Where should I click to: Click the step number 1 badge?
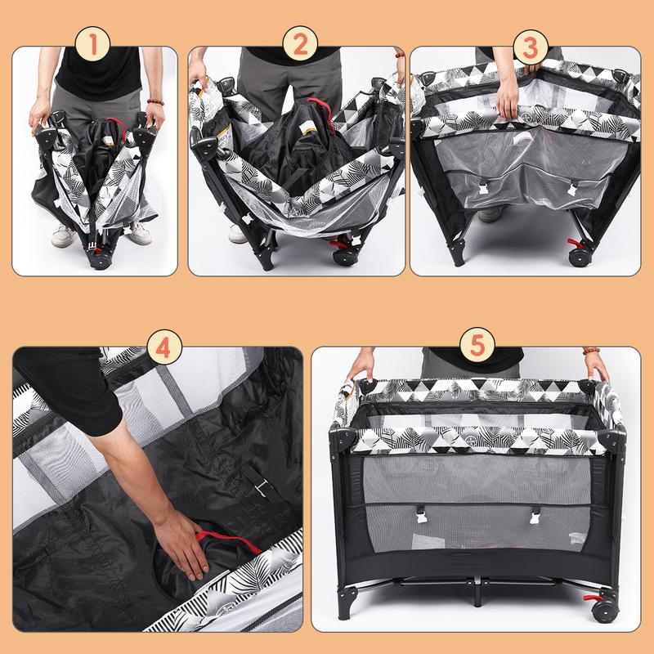92,44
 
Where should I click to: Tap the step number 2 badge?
300,44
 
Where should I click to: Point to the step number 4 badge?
164,347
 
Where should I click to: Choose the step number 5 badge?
477,345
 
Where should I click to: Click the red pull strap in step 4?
228,540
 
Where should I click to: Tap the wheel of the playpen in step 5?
605,611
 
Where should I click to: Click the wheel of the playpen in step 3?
580,258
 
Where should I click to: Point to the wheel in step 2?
344,257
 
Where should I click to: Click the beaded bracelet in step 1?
155,101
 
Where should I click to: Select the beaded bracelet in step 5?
591,351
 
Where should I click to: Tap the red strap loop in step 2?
321,110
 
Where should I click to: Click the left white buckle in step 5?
421,516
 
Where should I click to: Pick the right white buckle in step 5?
535,517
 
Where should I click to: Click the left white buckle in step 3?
484,188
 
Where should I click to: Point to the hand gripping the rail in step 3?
508,99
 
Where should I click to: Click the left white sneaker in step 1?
63,235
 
